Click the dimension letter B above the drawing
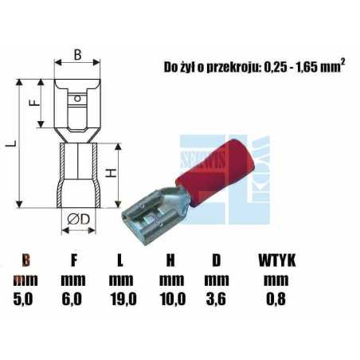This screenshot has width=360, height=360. click(77, 54)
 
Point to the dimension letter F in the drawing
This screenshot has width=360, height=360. click(33, 103)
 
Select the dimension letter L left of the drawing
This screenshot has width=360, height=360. click(8, 144)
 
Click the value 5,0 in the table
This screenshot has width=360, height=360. click(25, 299)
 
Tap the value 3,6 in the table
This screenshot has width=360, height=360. click(217, 299)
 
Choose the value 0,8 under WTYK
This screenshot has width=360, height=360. click(276, 299)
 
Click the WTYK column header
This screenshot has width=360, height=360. click(276, 260)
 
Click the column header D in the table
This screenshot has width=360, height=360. click(216, 260)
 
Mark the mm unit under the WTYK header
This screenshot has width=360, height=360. click(276, 280)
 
